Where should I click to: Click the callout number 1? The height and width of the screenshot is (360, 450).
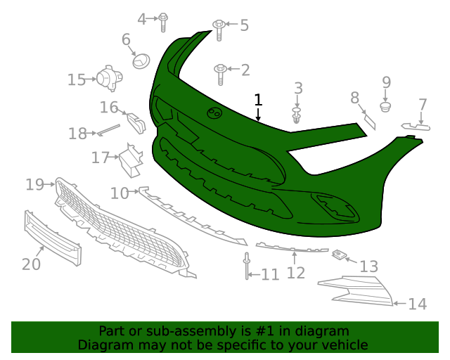click(x=258, y=100)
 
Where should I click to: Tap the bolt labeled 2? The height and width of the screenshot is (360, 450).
click(x=221, y=70)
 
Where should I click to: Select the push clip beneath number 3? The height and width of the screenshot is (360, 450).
click(x=298, y=115)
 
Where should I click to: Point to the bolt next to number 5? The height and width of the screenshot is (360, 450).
click(x=219, y=27)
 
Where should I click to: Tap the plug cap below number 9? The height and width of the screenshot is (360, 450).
click(x=385, y=107)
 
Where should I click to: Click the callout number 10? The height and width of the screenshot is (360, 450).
click(x=119, y=193)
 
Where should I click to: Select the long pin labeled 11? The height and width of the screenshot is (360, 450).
click(x=247, y=266)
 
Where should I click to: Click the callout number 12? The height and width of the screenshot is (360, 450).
click(x=296, y=272)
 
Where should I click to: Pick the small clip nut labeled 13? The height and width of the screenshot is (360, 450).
click(x=340, y=254)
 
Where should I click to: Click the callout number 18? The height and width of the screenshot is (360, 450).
click(x=78, y=133)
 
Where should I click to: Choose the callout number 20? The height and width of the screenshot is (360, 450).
click(x=31, y=264)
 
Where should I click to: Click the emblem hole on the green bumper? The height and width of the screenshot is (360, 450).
click(x=214, y=113)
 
